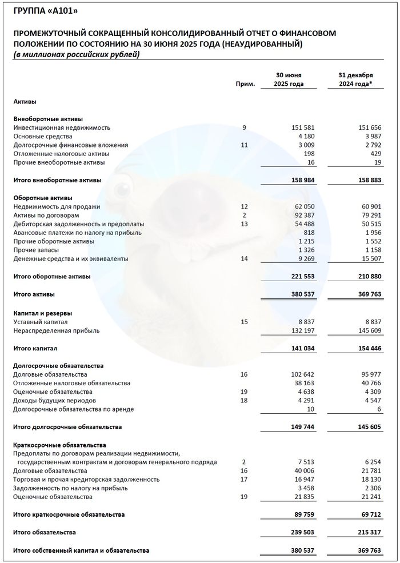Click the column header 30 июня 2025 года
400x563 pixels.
(x=289, y=79)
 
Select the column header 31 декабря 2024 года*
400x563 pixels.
(x=355, y=79)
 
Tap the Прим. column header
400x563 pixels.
(x=245, y=84)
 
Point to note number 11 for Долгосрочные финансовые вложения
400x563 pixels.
(x=245, y=145)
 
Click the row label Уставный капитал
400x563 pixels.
(x=41, y=322)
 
